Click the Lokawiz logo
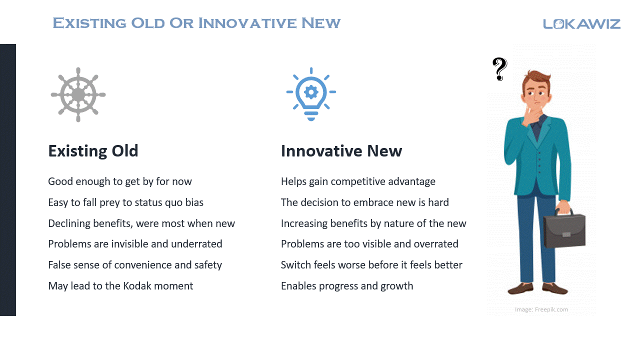[581, 24]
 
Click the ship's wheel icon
[78, 94]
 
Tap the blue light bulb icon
[311, 94]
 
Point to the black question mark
[499, 69]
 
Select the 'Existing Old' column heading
[93, 151]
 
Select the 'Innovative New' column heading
[341, 151]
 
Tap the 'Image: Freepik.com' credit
[541, 309]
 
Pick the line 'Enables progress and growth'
[347, 286]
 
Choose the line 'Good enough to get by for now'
[120, 181]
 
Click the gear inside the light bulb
[311, 92]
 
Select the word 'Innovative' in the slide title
[247, 23]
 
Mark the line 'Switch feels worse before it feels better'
[371, 265]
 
